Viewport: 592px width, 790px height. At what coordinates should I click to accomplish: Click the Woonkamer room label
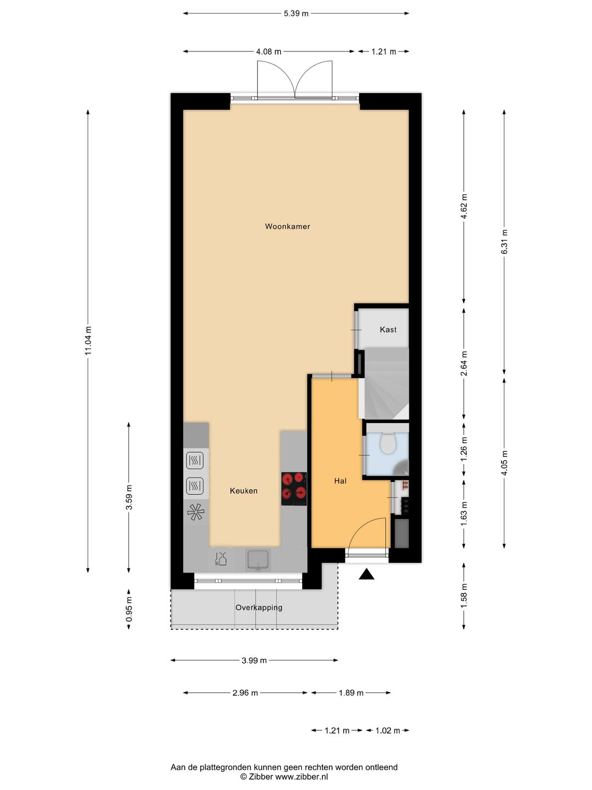point(287,227)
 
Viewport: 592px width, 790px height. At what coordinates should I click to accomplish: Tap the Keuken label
point(244,490)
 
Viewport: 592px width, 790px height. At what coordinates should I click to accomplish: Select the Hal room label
point(340,481)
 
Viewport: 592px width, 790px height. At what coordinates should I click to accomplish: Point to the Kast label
point(388,329)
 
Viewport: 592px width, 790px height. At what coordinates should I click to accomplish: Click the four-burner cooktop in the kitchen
point(294,489)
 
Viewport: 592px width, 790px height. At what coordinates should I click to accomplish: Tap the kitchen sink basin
point(258,560)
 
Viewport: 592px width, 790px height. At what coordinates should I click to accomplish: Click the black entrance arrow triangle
point(367,574)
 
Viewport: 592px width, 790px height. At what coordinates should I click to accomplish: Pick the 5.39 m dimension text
point(296,14)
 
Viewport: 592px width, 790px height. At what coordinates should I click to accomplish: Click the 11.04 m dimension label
point(88,341)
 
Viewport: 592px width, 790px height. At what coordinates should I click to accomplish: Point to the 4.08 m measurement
point(269,52)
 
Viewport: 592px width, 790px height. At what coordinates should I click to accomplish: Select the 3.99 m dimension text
point(254,661)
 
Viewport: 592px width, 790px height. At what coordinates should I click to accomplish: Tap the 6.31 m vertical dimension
point(504,241)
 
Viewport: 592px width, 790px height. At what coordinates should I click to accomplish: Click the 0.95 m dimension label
point(129,609)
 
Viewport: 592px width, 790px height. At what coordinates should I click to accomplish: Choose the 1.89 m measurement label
point(351,693)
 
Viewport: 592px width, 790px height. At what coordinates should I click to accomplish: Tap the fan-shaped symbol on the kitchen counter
point(196,512)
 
